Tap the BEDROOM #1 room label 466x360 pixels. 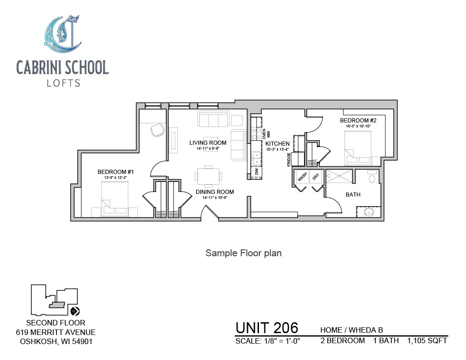point(116,172)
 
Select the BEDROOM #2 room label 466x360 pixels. point(358,121)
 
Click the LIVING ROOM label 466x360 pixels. point(208,143)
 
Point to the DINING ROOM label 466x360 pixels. point(215,192)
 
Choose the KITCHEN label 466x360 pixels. point(277,143)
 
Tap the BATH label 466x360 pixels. point(353,195)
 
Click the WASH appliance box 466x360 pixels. point(302,177)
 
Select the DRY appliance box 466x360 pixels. point(316,177)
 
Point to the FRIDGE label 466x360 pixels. point(289,160)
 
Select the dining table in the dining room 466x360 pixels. point(208,176)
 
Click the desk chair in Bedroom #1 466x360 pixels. point(157,130)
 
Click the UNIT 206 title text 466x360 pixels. point(267,328)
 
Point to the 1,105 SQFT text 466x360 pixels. point(427,341)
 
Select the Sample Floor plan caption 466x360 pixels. point(243,253)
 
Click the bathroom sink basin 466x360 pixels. point(369,212)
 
